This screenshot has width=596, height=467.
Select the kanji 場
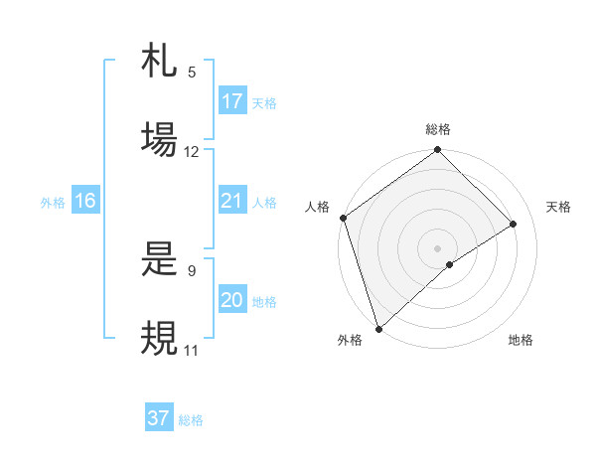tap(159, 139)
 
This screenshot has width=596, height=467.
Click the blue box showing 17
tap(232, 101)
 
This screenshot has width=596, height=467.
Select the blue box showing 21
tap(232, 202)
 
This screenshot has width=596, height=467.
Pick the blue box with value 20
tap(232, 301)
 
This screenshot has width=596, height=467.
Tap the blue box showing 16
tap(85, 202)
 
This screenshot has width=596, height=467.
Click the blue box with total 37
tap(159, 418)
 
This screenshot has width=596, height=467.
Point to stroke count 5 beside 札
tap(192, 73)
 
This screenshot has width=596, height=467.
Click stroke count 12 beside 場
tap(192, 152)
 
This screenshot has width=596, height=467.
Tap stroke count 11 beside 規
tap(192, 350)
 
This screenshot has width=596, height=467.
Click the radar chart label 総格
tap(438, 129)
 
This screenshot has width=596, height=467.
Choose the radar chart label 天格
tap(558, 207)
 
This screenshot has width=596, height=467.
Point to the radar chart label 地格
tap(521, 340)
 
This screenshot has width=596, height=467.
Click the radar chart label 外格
tap(349, 340)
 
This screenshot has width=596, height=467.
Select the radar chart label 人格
tap(317, 207)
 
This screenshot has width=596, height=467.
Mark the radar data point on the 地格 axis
tap(450, 264)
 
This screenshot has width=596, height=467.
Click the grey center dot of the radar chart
tap(437, 247)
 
